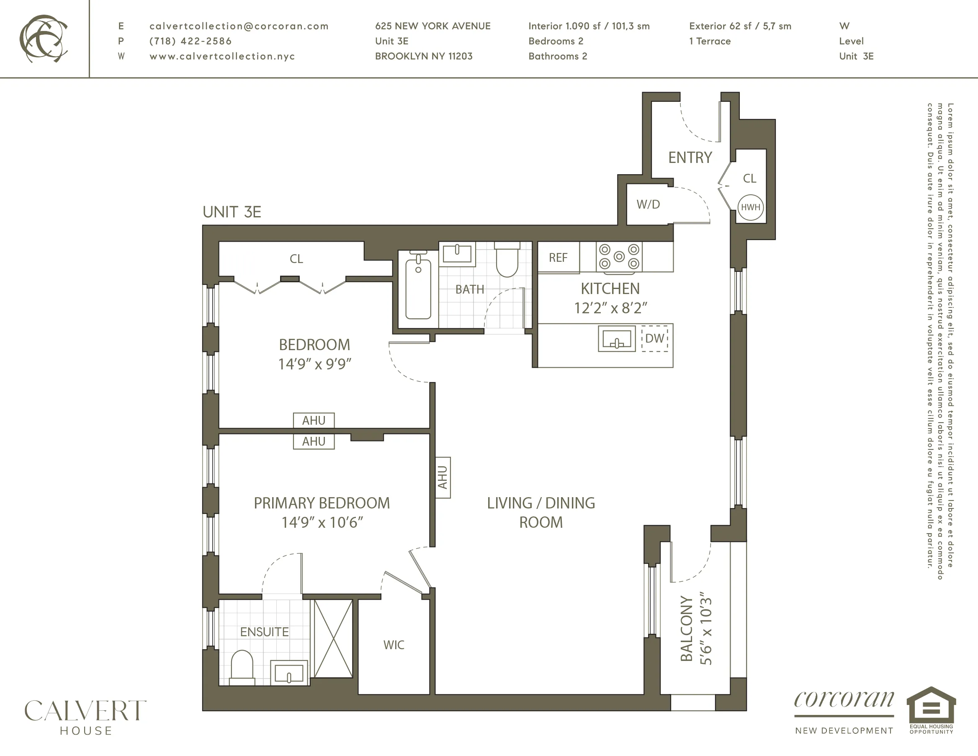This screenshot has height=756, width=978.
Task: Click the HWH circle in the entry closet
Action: [x=751, y=207]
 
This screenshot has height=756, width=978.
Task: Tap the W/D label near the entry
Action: [x=648, y=204]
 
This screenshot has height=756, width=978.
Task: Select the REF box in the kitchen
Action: [x=558, y=258]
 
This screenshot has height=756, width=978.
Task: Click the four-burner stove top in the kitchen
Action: [x=619, y=257]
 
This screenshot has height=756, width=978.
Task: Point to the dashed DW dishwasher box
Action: [x=655, y=338]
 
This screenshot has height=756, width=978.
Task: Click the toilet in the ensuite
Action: [x=242, y=667]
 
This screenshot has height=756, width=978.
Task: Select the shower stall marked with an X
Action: [x=333, y=639]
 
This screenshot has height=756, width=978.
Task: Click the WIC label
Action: [x=394, y=645]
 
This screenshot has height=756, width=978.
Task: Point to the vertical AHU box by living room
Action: [x=443, y=477]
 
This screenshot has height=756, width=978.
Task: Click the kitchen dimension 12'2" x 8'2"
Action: [x=610, y=308]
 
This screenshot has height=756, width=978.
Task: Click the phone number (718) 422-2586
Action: [x=190, y=41]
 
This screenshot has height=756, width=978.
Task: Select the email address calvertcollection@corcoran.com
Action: [x=239, y=26]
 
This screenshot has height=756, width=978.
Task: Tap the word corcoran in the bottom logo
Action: [x=844, y=700]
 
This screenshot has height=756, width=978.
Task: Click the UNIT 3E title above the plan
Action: [x=232, y=212]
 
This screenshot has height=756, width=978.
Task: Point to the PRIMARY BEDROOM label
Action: [x=322, y=503]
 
